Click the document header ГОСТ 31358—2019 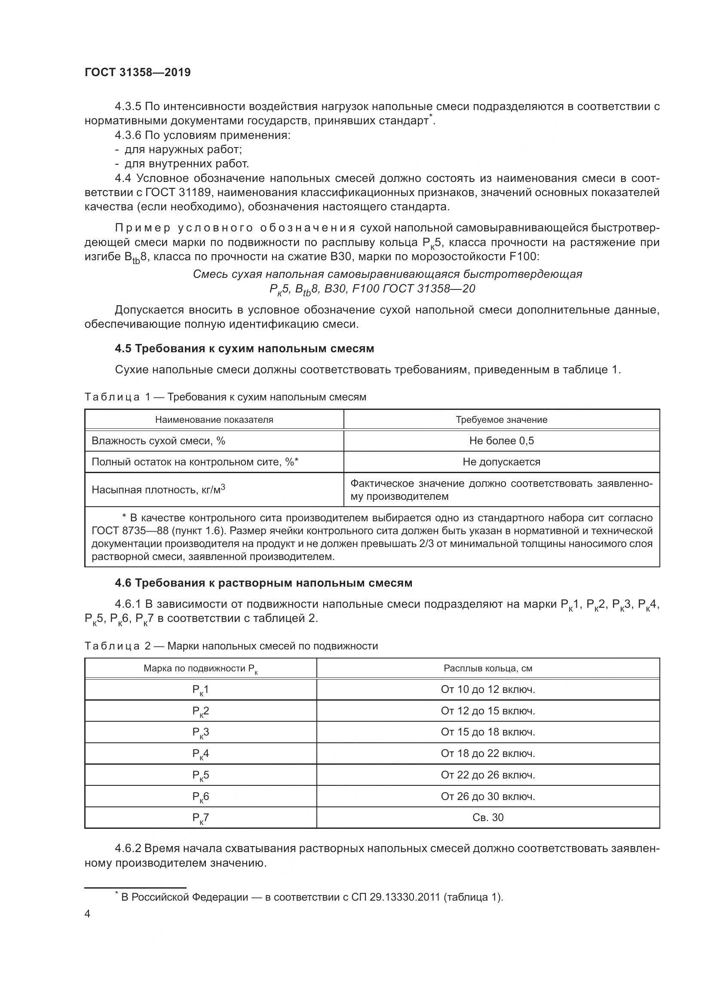(138, 73)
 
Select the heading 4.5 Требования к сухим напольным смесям (244, 348)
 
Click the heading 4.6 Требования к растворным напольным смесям (263, 583)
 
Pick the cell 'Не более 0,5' (501, 441)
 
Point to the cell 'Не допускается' (501, 462)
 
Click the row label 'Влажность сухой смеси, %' (159, 441)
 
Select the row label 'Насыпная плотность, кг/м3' (159, 489)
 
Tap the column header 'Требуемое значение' (501, 420)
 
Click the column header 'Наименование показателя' (214, 420)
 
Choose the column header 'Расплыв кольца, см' (488, 668)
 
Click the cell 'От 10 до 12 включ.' (488, 689)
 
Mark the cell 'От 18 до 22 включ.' (488, 754)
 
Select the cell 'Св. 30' (488, 818)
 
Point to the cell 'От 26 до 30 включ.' (488, 796)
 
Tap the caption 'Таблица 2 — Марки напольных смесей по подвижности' (231, 646)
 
